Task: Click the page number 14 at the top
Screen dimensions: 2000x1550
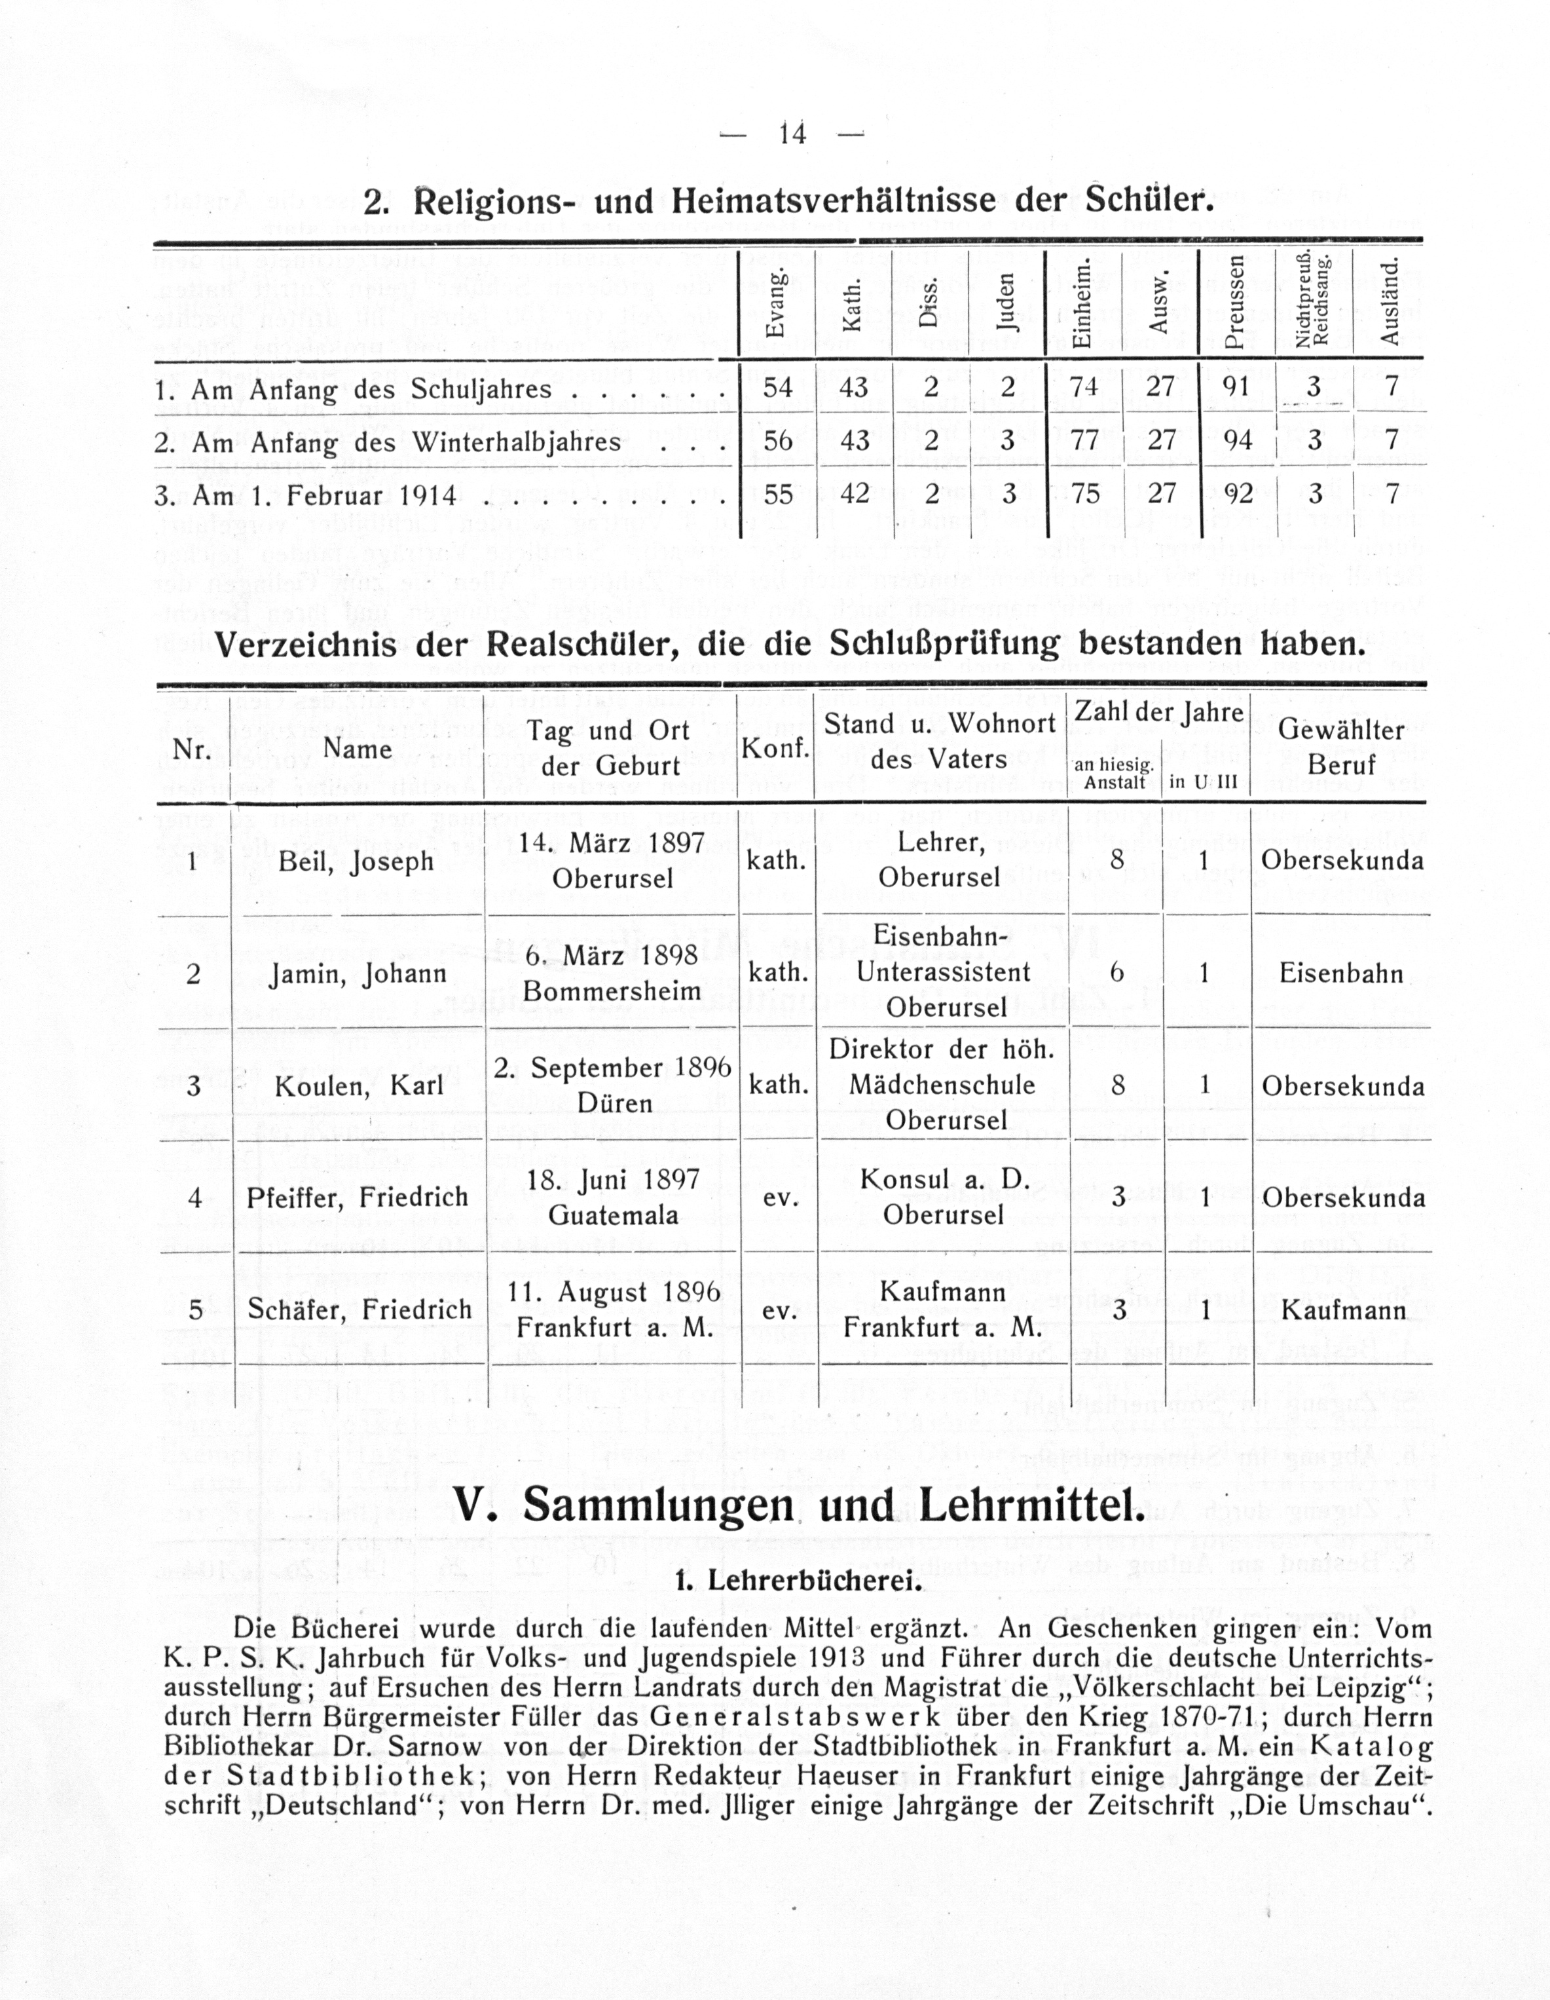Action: click(792, 134)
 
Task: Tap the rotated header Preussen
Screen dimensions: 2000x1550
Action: click(1236, 301)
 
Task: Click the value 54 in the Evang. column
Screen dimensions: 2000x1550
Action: click(777, 387)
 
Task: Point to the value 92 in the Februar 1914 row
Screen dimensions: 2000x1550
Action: click(1238, 495)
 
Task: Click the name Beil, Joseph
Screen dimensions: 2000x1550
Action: click(355, 861)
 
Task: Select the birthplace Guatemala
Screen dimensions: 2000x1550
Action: click(614, 1215)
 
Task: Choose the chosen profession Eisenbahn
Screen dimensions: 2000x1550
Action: click(1341, 973)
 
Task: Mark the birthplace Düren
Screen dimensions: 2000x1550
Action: click(614, 1103)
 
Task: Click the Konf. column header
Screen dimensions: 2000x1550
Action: click(775, 749)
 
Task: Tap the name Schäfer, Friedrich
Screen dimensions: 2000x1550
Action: click(359, 1310)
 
